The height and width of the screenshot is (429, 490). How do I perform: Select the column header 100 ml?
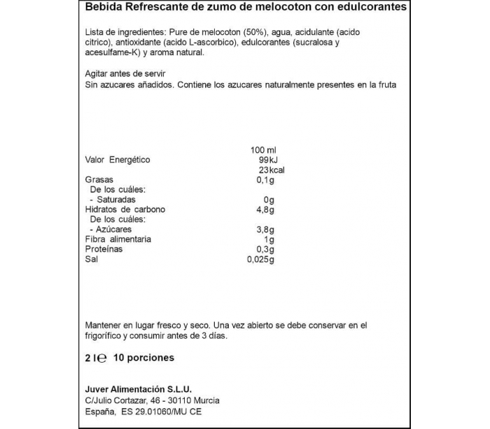[x=264, y=150]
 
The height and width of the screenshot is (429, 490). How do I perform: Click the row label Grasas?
[x=99, y=180]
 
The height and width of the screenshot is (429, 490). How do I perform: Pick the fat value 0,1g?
[x=267, y=180]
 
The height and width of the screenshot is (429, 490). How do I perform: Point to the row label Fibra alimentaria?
[x=118, y=240]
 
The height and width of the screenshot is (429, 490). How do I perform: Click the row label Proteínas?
[x=104, y=249]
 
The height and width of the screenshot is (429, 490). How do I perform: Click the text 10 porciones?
[x=143, y=358]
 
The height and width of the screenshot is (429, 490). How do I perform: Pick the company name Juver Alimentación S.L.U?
[x=138, y=389]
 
